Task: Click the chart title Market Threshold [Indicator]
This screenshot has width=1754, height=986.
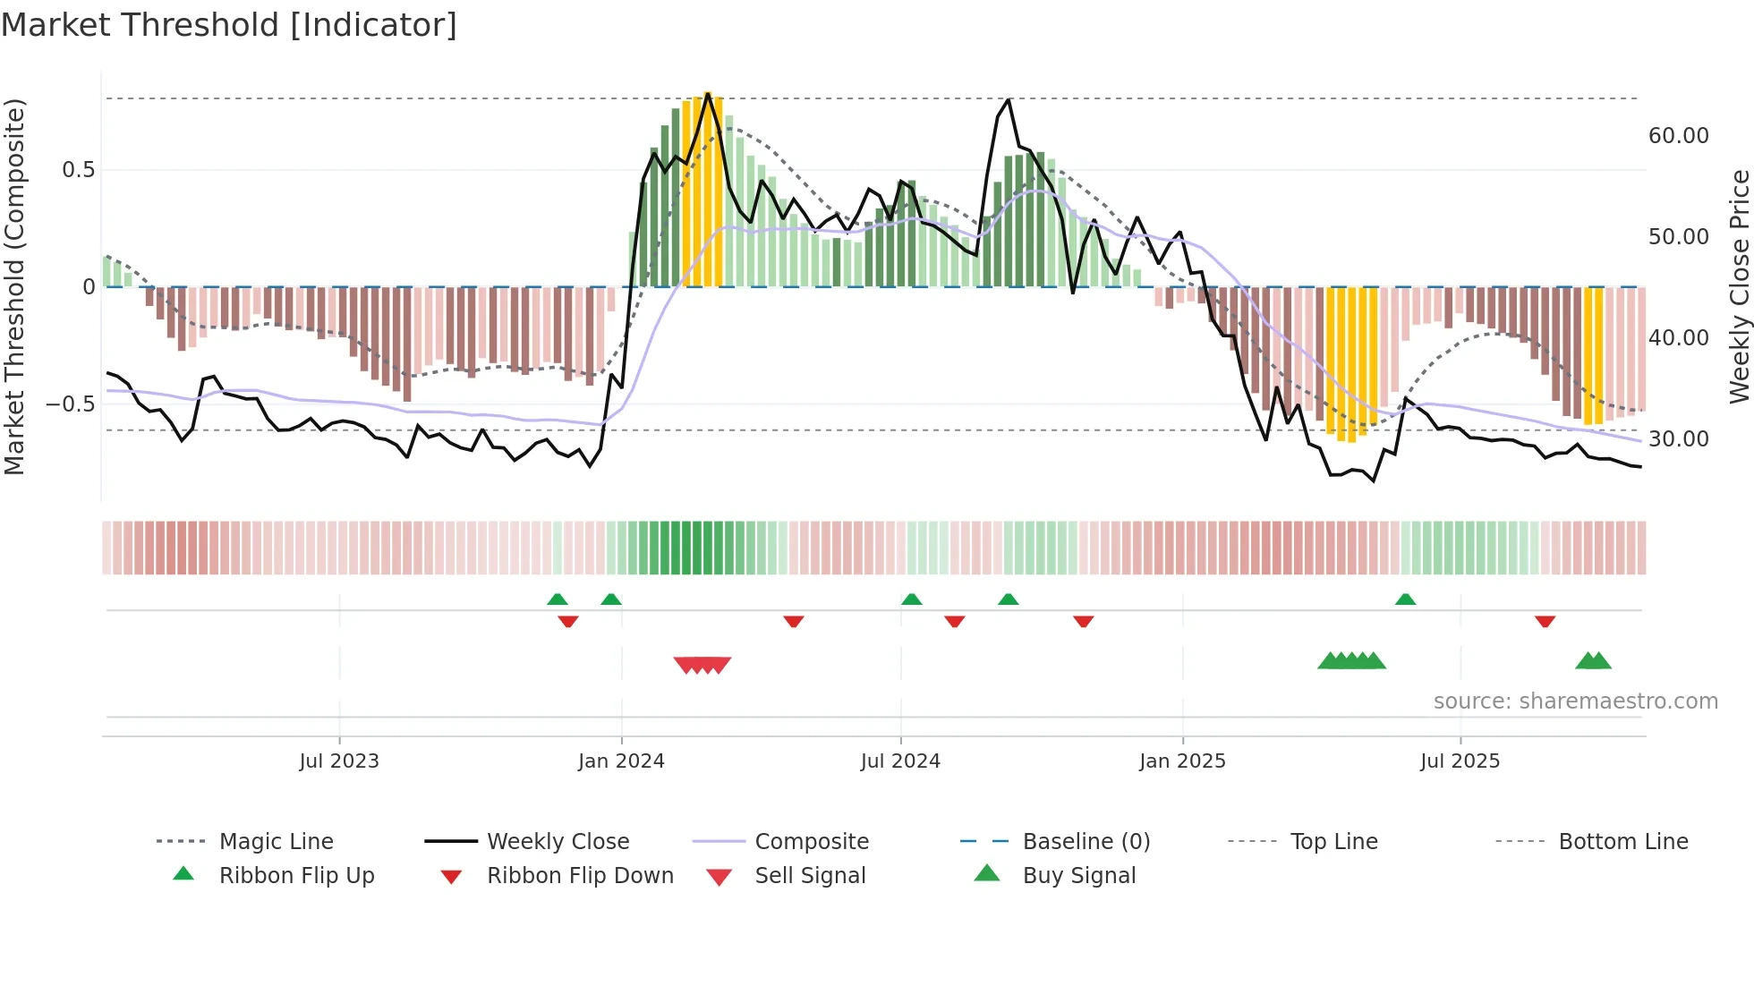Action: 229,25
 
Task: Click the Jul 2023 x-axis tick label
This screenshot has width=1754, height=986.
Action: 339,761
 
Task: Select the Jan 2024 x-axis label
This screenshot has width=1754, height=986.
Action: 621,761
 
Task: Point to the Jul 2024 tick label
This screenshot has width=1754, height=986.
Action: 900,761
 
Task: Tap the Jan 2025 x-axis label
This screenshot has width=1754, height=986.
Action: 1182,761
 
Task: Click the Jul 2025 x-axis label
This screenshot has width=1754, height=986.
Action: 1460,761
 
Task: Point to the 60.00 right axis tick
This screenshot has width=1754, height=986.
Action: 1678,136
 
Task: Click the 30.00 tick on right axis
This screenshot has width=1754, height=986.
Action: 1678,439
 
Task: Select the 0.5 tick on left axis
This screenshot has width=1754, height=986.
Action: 78,170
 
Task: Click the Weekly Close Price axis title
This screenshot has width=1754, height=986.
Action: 1739,286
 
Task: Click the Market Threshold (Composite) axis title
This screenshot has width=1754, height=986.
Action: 14,286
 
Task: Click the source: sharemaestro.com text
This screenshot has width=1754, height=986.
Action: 1575,701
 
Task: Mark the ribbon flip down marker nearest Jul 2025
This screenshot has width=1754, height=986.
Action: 1545,621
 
